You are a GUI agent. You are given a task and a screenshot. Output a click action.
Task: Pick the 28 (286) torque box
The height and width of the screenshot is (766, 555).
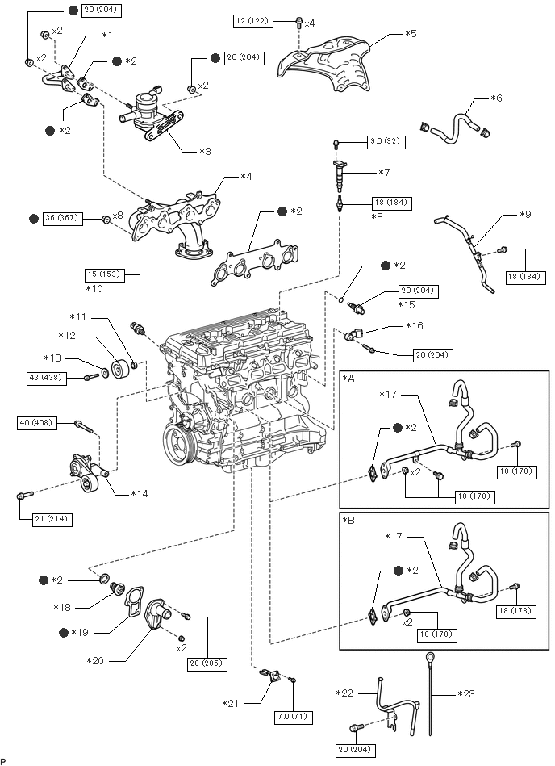tap(208, 663)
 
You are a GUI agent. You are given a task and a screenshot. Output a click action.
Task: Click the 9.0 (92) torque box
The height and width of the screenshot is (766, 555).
tap(386, 141)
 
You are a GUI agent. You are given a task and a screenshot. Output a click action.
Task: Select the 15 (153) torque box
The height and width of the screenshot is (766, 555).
tap(106, 274)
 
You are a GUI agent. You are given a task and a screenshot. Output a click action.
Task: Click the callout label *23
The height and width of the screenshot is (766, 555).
tap(469, 693)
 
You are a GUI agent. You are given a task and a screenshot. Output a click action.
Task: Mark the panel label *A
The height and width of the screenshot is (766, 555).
tap(349, 378)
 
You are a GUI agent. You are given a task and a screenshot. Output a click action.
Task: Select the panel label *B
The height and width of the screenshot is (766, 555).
tap(349, 521)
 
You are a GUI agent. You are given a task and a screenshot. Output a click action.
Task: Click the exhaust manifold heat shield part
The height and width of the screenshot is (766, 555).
tap(323, 61)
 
